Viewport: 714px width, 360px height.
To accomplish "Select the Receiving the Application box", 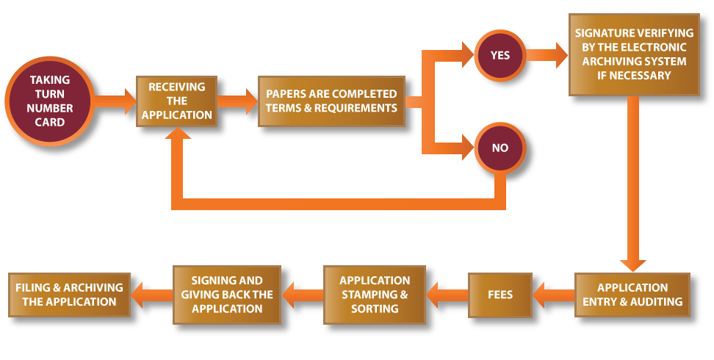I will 177,101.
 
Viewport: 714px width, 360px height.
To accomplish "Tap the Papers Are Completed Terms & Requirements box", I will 331,101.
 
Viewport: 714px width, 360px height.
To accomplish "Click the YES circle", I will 500,55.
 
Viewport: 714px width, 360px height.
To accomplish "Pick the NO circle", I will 500,148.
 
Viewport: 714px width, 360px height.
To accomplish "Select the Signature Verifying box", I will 633,55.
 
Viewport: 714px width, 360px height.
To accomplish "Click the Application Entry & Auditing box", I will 632,295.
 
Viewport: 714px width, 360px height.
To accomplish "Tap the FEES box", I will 500,295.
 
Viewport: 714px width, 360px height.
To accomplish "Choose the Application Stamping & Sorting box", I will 375,295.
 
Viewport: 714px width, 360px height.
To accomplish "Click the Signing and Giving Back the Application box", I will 227,295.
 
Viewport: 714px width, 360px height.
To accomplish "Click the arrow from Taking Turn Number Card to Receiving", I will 115,101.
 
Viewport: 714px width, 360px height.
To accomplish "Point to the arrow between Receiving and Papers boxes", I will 238,101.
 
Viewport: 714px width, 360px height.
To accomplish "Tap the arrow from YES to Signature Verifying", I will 547,55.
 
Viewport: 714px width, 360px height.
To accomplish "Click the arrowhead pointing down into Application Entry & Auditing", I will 632,262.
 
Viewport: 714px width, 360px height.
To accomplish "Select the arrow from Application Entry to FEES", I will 553,295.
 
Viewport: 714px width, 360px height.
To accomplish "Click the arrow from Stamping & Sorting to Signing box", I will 303,295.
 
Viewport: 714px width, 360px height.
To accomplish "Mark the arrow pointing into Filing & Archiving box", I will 151,295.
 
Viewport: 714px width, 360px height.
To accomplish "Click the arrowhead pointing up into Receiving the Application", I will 177,137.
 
